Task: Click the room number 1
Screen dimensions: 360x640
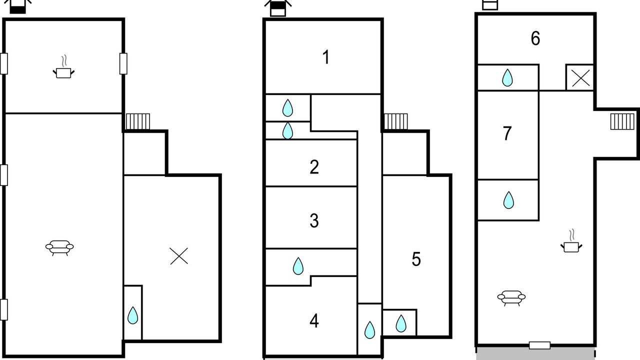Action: click(326, 57)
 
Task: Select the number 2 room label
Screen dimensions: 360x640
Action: click(314, 166)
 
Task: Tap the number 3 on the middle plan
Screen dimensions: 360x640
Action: click(314, 220)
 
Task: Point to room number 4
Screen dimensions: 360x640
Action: click(314, 320)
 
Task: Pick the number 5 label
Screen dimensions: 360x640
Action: click(416, 259)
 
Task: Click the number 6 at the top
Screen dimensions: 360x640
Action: click(535, 38)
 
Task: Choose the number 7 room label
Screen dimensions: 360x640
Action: click(507, 133)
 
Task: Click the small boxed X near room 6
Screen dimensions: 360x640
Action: click(580, 78)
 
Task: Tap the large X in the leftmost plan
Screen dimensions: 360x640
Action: click(179, 256)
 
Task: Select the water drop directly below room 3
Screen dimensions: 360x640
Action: click(298, 266)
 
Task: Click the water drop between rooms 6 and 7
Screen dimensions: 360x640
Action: click(507, 77)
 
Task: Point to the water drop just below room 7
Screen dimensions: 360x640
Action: click(508, 200)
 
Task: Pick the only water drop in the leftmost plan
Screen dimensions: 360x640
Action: click(132, 315)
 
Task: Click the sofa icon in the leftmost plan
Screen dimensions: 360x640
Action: click(59, 247)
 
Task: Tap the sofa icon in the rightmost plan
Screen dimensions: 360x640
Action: click(511, 297)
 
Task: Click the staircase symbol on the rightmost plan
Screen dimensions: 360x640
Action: click(622, 121)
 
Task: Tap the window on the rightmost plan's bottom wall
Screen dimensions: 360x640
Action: click(539, 345)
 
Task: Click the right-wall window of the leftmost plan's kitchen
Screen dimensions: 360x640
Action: click(123, 63)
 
